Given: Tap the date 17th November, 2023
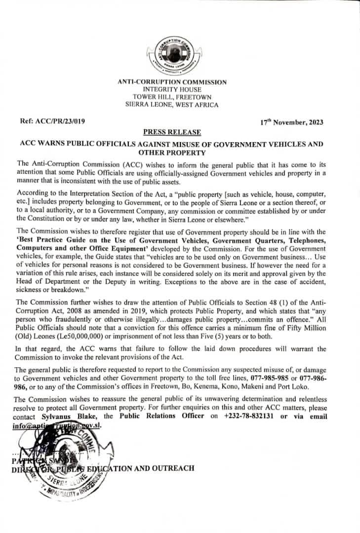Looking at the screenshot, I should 292,122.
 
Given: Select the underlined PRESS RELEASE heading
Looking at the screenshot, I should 172,132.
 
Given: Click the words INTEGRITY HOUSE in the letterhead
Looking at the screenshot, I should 172,90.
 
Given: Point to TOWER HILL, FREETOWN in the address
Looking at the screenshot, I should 172,97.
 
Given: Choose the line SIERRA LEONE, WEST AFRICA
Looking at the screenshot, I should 172,105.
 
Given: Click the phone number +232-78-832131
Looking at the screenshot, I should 249,416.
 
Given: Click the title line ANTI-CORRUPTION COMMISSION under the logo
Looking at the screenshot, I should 172,82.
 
